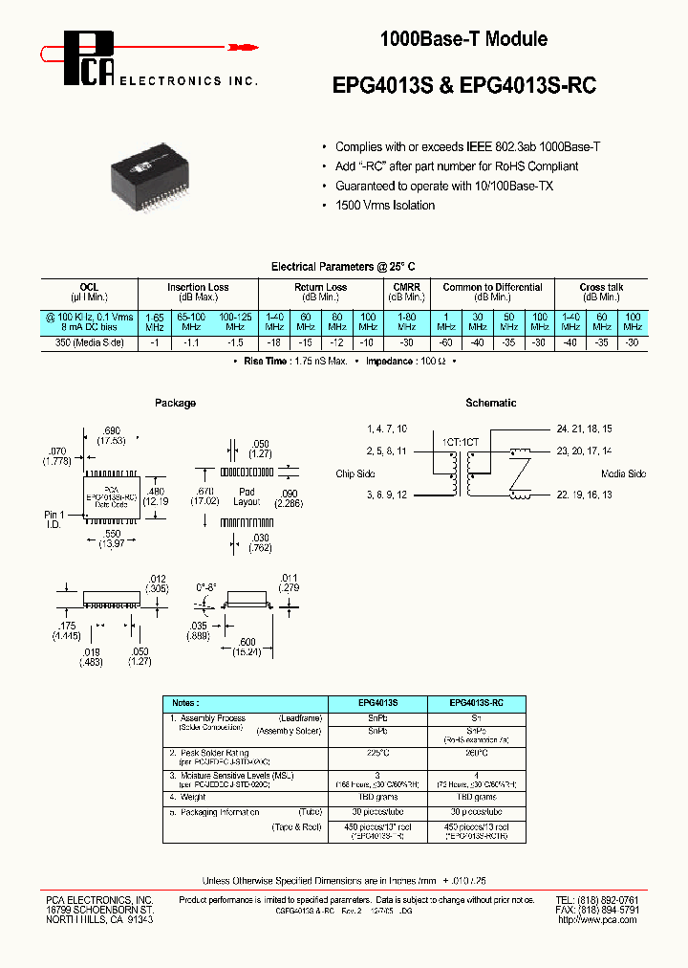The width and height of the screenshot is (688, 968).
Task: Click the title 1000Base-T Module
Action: point(463,39)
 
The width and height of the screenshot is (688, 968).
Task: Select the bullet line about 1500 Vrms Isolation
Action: point(385,206)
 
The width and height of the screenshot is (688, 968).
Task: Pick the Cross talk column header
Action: point(601,287)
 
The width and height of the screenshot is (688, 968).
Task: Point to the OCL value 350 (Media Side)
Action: point(90,341)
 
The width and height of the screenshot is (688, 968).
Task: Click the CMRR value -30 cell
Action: point(406,341)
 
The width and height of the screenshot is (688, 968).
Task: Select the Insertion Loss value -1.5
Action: point(235,341)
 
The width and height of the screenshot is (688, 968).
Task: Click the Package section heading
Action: point(175,404)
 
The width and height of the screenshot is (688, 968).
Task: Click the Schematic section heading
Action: point(490,404)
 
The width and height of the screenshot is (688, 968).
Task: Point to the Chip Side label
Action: point(355,474)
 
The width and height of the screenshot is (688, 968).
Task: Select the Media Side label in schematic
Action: point(623,474)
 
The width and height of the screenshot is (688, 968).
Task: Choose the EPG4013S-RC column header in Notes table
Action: point(477,702)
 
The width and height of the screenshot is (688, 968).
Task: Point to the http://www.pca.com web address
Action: point(597,919)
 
